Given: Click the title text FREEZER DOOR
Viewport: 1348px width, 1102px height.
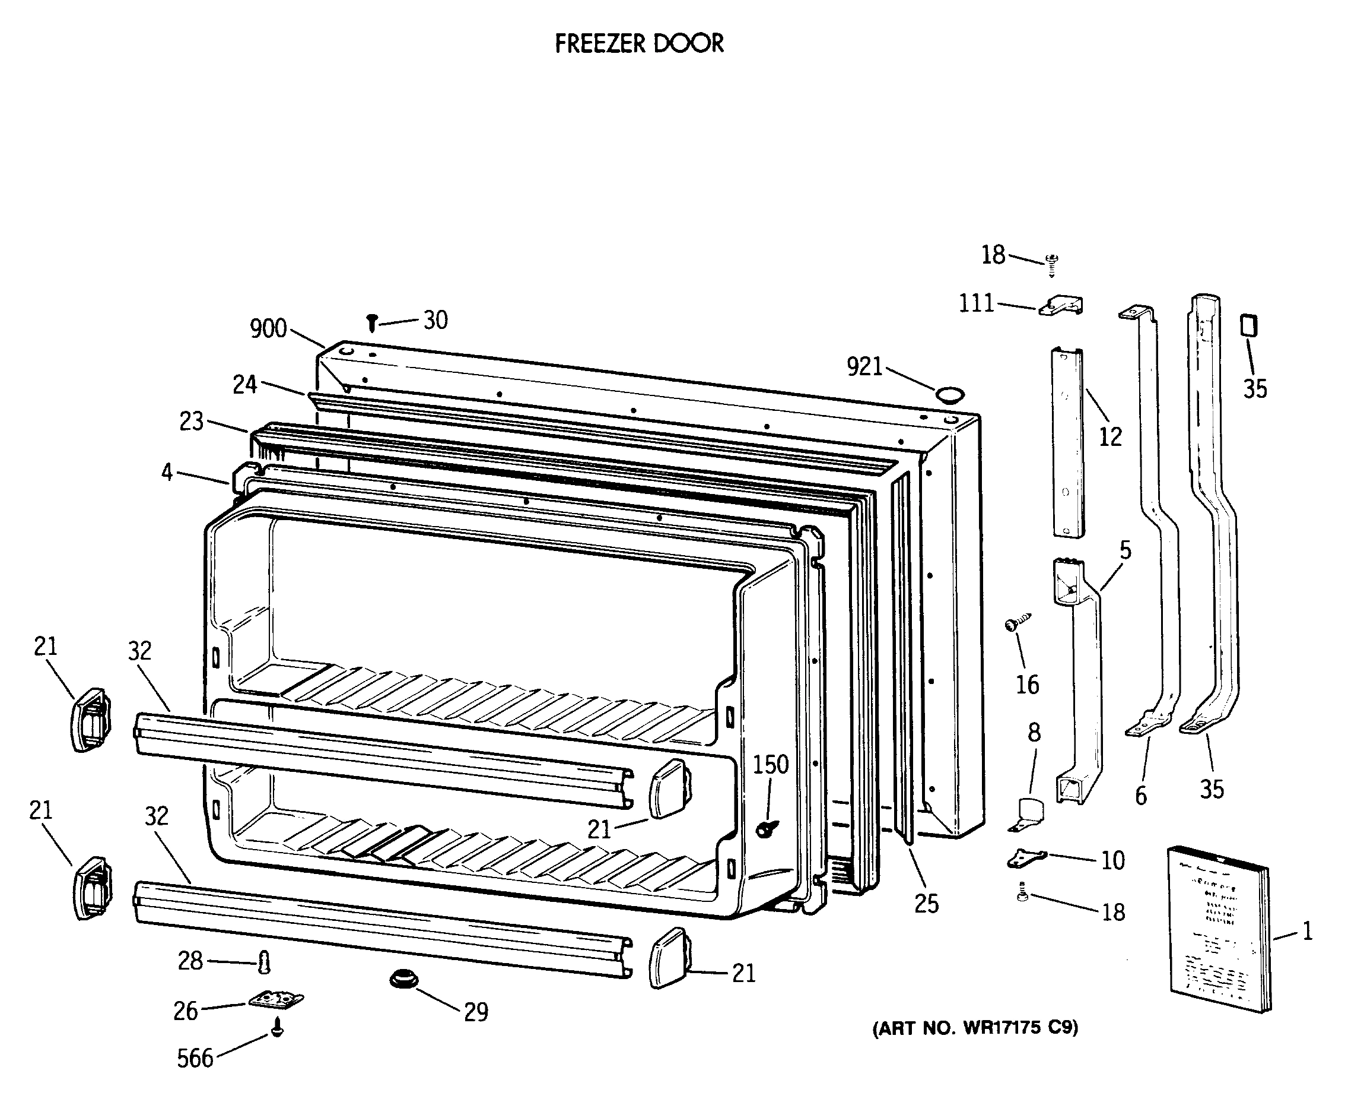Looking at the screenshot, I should click(x=639, y=44).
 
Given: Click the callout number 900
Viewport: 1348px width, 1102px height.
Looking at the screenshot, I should click(x=268, y=329).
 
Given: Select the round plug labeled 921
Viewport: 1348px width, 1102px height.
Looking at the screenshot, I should click(x=950, y=395).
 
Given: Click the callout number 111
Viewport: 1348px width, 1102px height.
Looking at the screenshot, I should click(x=976, y=303).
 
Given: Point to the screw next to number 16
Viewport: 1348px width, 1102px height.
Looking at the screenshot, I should click(x=1018, y=622).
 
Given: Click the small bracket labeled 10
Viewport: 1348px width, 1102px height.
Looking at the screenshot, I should click(x=1027, y=857).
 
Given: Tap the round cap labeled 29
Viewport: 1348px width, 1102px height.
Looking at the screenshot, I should click(x=403, y=980).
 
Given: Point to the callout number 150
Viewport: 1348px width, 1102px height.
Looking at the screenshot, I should click(x=771, y=765).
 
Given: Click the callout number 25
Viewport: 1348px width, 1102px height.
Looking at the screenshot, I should click(x=926, y=904).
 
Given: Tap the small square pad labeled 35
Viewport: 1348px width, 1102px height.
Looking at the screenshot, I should click(x=1249, y=325).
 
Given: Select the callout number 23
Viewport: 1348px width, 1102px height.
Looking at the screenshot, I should click(x=191, y=421).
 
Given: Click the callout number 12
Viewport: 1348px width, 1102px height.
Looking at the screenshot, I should click(x=1110, y=437).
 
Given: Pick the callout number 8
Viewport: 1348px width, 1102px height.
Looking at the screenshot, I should click(x=1034, y=733).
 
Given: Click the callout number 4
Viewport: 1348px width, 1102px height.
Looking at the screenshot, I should click(x=167, y=471).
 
